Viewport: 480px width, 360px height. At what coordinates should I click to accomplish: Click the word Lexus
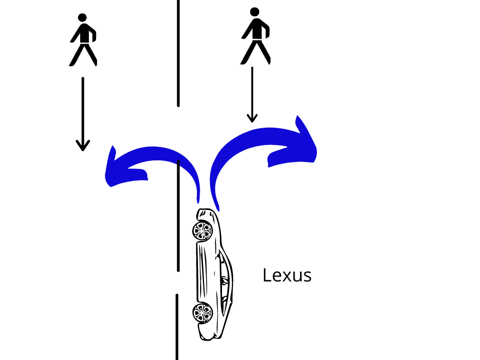287,275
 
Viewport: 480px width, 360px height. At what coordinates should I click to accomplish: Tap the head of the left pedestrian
82,17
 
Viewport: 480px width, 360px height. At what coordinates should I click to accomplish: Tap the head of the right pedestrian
254,11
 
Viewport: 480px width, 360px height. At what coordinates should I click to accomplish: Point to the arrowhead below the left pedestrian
82,145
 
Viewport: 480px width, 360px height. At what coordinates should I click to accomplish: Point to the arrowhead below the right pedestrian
251,117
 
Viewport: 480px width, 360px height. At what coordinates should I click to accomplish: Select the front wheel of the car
202,231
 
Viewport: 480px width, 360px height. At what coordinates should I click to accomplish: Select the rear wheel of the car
202,313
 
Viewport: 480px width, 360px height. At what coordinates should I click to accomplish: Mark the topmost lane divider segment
178,52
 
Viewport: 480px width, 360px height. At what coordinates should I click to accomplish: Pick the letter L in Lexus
266,275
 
